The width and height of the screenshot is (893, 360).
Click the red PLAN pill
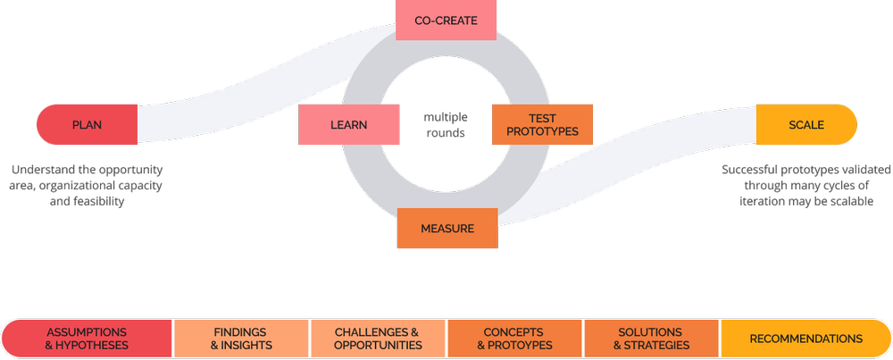click(87, 125)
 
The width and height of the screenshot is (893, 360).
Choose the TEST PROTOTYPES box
click(542, 125)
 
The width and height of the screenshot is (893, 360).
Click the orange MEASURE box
click(446, 229)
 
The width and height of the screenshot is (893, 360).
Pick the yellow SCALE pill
click(806, 125)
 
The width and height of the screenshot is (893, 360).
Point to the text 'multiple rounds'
click(445, 125)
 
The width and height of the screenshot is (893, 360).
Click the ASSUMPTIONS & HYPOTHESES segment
click(87, 339)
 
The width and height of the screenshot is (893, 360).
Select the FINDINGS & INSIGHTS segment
click(240, 339)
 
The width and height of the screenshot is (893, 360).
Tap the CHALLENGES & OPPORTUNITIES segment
click(378, 339)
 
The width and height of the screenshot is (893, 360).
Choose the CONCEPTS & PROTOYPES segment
click(515, 339)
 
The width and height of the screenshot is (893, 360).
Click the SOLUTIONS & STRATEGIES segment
click(651, 339)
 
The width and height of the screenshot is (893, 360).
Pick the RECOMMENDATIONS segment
click(805, 339)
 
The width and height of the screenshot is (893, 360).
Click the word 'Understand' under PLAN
click(43, 170)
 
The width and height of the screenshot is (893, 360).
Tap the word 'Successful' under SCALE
click(753, 170)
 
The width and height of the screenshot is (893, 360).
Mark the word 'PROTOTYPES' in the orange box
click(542, 131)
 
